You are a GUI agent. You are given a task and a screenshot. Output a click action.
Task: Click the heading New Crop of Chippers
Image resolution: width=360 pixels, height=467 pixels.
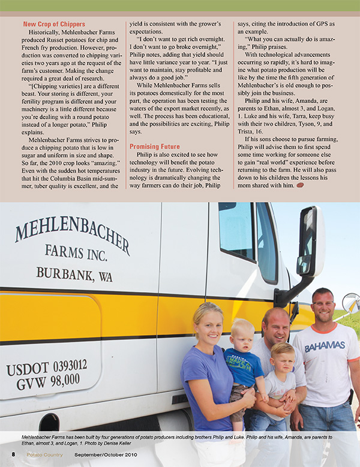tap(54, 24)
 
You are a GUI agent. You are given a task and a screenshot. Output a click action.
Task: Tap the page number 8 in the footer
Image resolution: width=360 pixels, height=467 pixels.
tap(13, 454)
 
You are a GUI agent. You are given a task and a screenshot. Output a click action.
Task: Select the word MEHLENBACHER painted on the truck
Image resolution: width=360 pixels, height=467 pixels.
tap(72, 238)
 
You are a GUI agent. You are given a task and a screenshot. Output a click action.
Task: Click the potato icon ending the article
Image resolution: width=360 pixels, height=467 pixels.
tap(300, 186)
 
